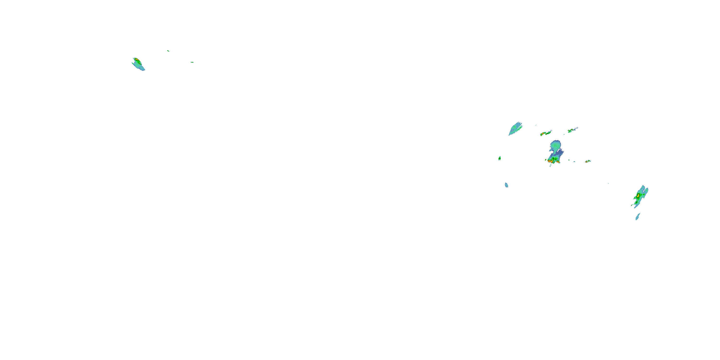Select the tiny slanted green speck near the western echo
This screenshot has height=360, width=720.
tap(168, 51)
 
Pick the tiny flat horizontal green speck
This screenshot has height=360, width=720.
tap(192, 62)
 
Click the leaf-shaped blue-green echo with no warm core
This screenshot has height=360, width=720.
tap(515, 129)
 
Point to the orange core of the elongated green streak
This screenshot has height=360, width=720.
tap(543, 134)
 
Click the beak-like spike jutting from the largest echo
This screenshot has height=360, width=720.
tap(550, 150)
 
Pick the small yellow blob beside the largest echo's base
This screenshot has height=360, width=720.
tap(546, 160)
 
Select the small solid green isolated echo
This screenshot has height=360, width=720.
tap(499, 158)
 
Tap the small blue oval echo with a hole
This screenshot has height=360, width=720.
tap(506, 185)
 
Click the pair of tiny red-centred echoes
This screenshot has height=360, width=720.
tap(588, 161)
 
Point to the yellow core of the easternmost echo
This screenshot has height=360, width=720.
tap(638, 195)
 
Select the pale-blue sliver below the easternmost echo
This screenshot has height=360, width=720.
tap(637, 217)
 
